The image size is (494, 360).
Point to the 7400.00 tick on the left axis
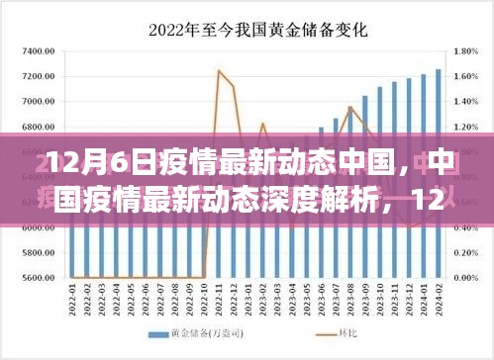point(35,50)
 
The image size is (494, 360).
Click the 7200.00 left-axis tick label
point(35,76)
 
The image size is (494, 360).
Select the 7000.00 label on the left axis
point(35,102)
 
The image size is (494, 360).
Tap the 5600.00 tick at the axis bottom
point(35,278)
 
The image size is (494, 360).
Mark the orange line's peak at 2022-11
point(218,70)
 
